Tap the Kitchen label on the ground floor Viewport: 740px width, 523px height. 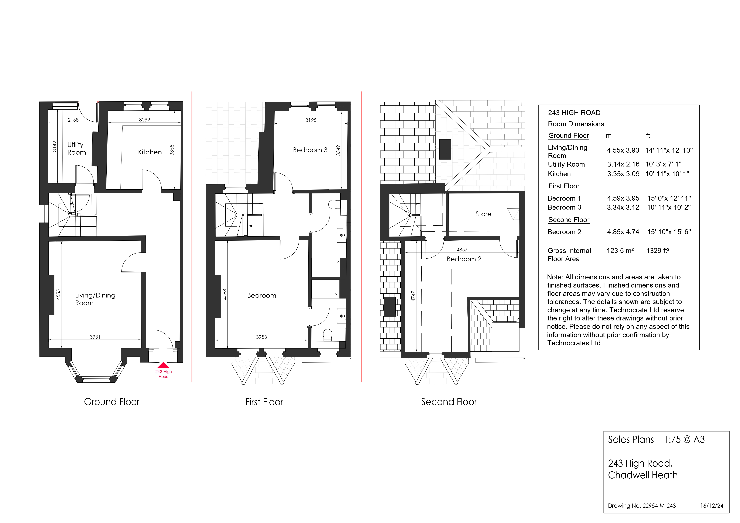click(150, 152)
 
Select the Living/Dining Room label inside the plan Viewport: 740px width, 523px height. click(95, 299)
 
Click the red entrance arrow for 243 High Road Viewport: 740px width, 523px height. click(163, 365)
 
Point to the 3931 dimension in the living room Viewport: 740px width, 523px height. click(95, 337)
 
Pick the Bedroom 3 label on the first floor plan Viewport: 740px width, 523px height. click(310, 150)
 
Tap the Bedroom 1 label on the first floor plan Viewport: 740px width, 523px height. click(264, 296)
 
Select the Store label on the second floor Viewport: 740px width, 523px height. click(483, 214)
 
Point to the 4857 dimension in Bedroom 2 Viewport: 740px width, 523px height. click(462, 250)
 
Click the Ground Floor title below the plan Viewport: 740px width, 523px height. click(112, 402)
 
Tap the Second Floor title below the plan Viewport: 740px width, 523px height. click(449, 402)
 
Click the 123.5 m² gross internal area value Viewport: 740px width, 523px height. click(620, 251)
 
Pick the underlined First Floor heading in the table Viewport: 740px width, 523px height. click(564, 186)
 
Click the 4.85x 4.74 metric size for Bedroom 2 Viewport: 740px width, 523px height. click(623, 232)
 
